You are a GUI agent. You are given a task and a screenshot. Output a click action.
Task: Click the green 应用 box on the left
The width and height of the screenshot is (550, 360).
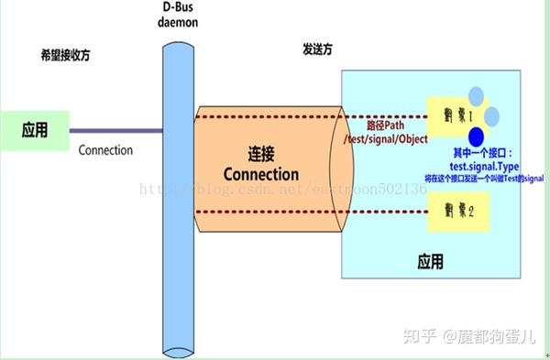[x=35, y=130]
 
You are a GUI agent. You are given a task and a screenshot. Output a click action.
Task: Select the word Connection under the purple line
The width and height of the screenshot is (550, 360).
[x=105, y=150]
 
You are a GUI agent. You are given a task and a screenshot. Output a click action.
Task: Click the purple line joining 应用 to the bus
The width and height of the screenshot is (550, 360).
[x=115, y=130]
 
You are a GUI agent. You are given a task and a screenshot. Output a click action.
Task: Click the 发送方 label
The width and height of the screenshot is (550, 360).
[x=320, y=47]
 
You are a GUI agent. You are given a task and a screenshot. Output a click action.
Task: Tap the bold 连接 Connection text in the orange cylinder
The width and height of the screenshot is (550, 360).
[x=260, y=164]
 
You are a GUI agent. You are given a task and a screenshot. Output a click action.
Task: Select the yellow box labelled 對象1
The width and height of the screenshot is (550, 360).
[x=456, y=117]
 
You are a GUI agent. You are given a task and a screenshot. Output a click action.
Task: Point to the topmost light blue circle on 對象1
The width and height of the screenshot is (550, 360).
[x=476, y=95]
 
